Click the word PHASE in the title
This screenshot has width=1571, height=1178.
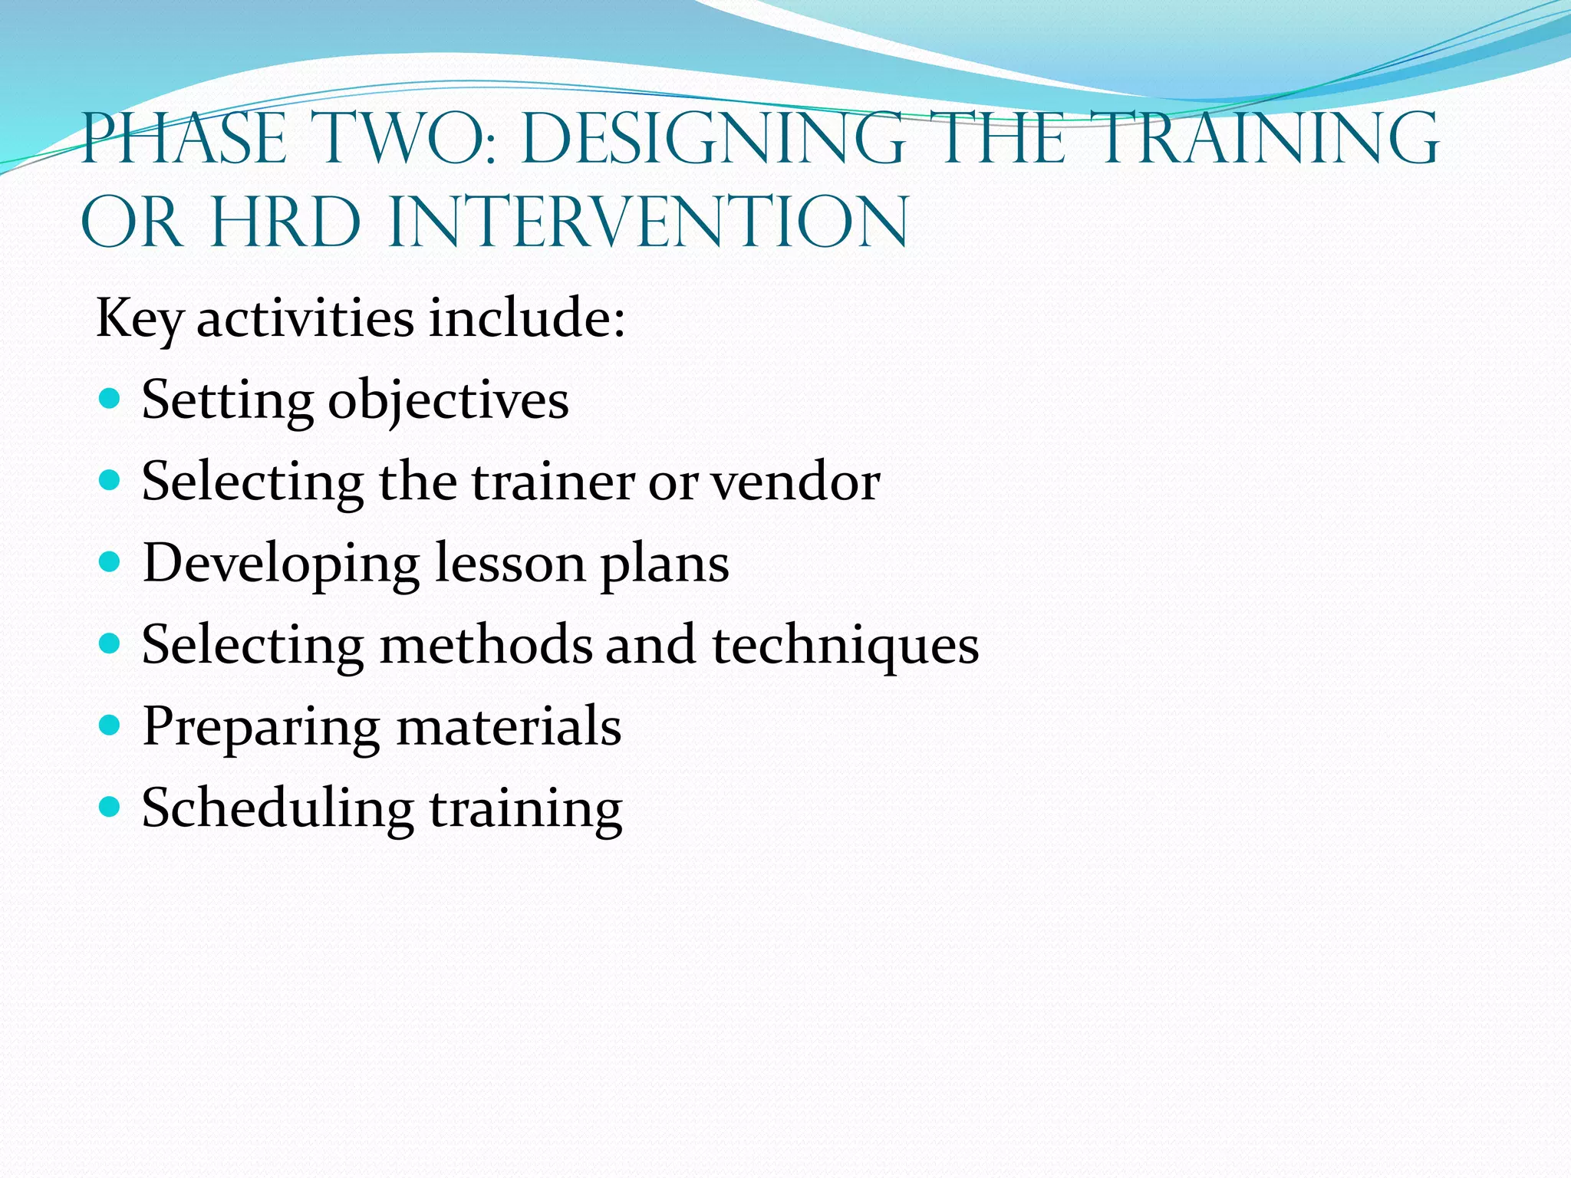(184, 139)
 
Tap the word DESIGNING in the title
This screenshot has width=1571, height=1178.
(713, 139)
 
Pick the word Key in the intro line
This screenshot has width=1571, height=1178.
(139, 318)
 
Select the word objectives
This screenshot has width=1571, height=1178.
(449, 401)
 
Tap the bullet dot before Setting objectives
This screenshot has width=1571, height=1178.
(110, 399)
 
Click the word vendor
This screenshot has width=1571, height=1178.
(795, 482)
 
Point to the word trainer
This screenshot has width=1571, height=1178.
(552, 482)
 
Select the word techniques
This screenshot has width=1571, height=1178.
(845, 646)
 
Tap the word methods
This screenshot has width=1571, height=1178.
(486, 646)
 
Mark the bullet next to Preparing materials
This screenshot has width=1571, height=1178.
(110, 725)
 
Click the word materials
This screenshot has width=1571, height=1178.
(509, 727)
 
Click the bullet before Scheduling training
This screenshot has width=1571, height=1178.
(110, 807)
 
